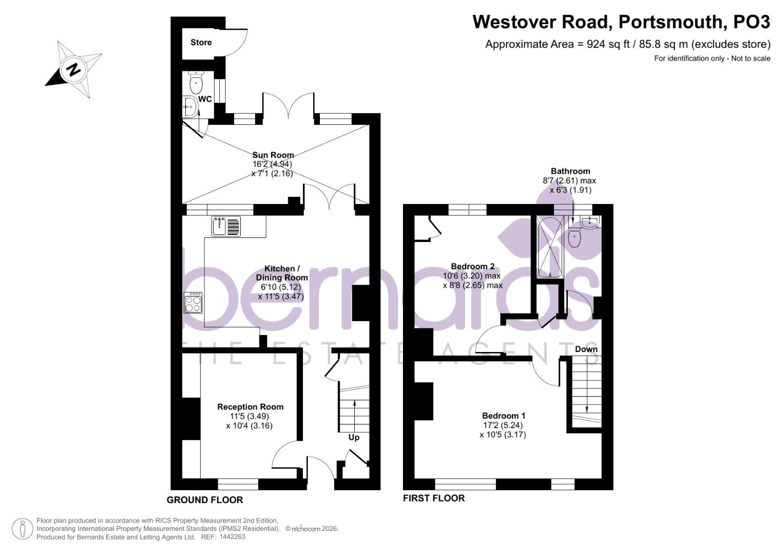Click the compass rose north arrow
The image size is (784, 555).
pos(73,69)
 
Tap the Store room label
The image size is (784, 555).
pos(201,43)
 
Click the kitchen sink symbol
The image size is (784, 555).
pos(226,226)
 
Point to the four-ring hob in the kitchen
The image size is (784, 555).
pos(193,302)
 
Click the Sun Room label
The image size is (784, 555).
pos(273,155)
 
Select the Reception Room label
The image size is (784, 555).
pos(250,406)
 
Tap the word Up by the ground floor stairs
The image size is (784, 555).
pos(354,437)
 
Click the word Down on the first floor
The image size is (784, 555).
pos(586,349)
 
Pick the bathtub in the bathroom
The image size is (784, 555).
pos(550,247)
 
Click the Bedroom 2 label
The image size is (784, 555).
pos(472,266)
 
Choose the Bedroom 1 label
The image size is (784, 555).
pos(503,416)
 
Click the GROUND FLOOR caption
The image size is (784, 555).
pos(205,500)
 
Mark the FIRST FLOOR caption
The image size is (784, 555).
pos(433,498)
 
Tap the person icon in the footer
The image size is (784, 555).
pos(22,529)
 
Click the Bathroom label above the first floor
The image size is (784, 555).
pos(570,171)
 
